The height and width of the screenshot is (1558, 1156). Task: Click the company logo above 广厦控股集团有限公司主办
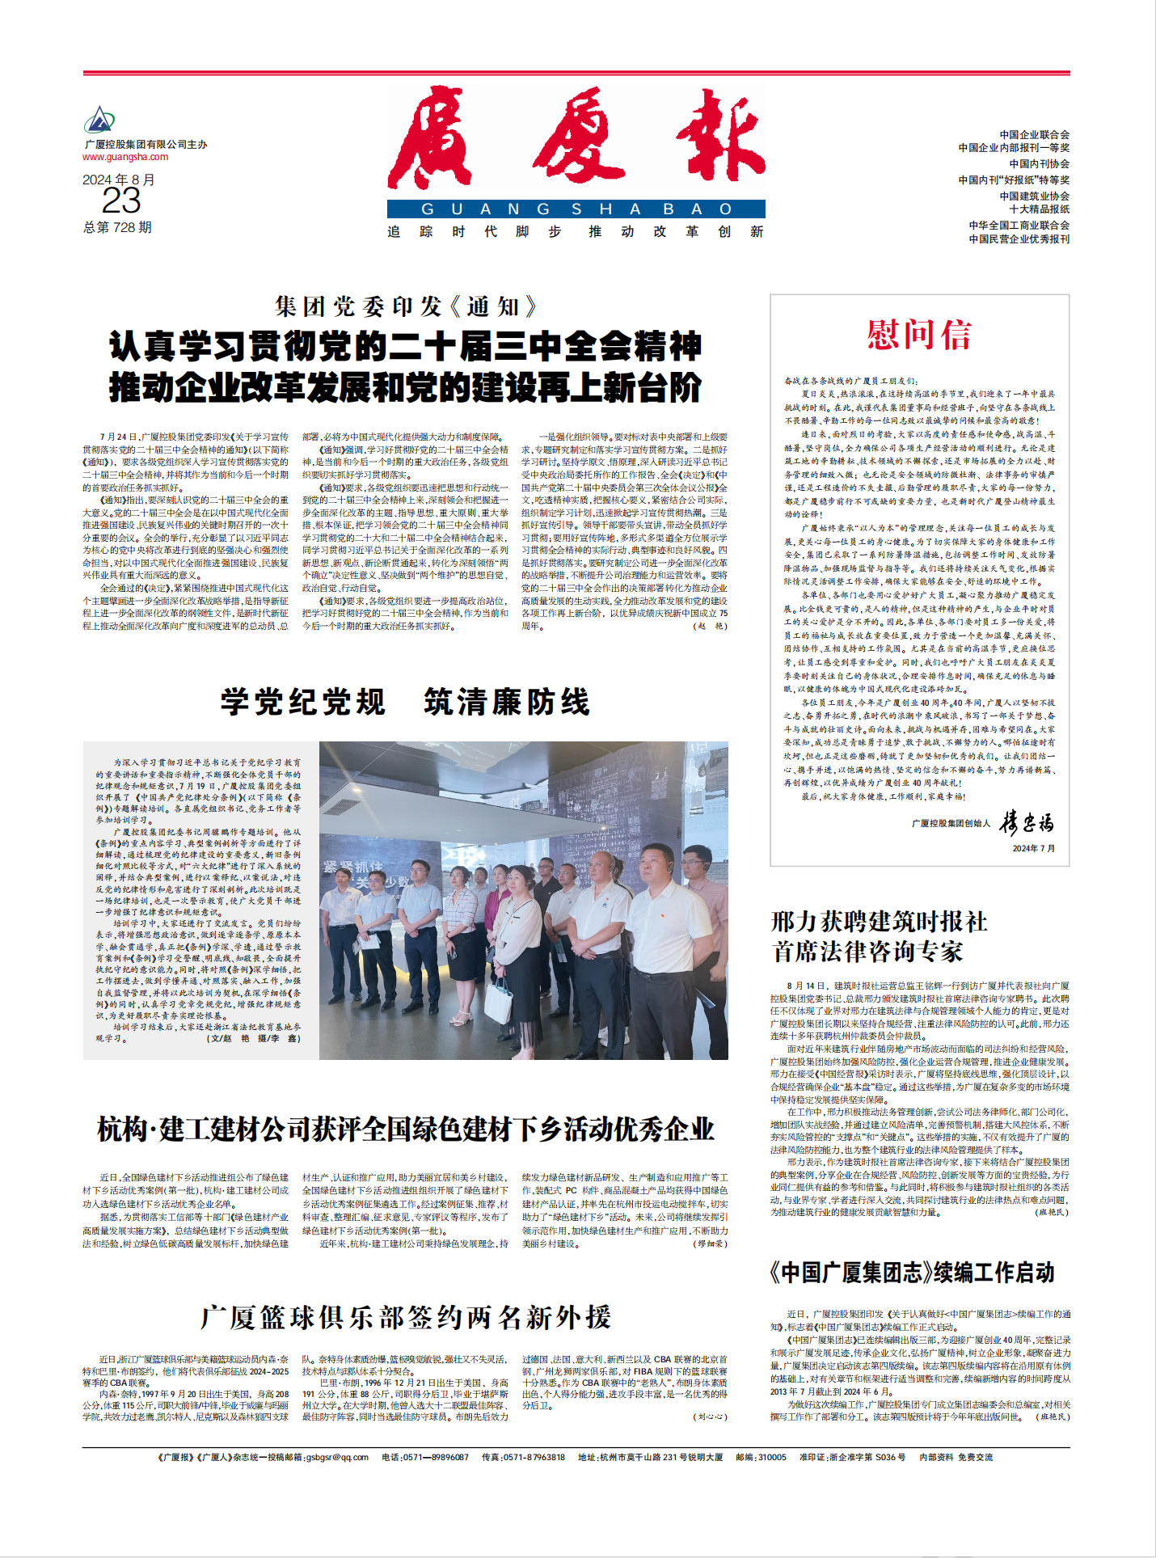click(99, 120)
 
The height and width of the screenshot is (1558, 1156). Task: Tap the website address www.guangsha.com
click(125, 157)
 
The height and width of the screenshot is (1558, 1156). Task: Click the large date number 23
click(121, 201)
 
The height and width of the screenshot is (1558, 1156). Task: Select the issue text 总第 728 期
click(117, 227)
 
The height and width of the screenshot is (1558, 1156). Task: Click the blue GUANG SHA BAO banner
click(576, 209)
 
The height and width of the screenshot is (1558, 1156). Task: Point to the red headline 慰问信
click(919, 335)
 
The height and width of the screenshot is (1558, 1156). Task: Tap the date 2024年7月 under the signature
click(1033, 848)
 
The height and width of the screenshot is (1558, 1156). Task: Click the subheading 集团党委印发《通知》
click(406, 306)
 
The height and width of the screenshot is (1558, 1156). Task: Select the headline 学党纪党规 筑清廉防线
click(406, 702)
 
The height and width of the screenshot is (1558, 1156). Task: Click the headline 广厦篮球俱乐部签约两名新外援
click(406, 1317)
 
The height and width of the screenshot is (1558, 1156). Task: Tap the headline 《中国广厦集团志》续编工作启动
click(913, 1273)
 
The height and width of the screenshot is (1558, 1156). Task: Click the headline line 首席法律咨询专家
click(867, 952)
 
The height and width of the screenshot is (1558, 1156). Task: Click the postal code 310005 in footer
click(771, 1457)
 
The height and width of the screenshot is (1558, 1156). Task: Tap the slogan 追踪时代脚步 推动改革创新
click(576, 232)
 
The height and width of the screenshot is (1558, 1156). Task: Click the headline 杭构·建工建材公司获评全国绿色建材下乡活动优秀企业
click(406, 1129)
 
